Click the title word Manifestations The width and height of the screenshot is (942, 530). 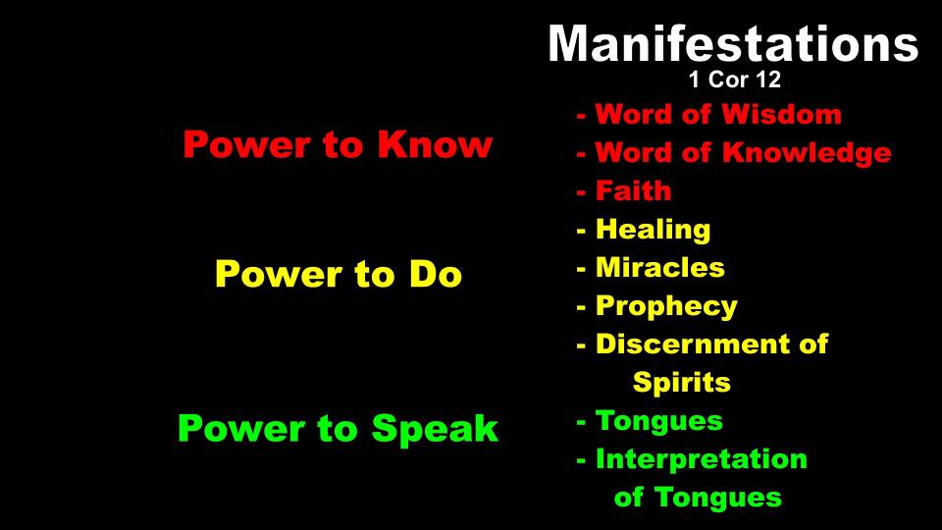[733, 43]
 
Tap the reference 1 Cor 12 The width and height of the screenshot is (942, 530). [734, 79]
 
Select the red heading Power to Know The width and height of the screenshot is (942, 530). [338, 144]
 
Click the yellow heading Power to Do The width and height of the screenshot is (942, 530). [339, 274]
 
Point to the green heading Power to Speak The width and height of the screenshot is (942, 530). [338, 429]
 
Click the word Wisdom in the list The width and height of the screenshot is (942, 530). [781, 114]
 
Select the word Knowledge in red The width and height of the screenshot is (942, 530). [807, 153]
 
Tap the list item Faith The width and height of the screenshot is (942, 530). [633, 191]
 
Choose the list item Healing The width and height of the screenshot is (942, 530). [654, 230]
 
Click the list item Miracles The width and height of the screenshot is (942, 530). [659, 268]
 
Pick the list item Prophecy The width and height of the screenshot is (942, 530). [666, 307]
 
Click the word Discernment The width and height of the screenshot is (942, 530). [691, 344]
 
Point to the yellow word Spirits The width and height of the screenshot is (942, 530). [682, 383]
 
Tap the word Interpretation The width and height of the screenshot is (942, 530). [701, 459]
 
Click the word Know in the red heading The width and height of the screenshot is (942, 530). [435, 144]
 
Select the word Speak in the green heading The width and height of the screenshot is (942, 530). [435, 429]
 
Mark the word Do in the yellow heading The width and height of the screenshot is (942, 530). [436, 274]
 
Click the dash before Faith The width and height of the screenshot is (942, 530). [581, 193]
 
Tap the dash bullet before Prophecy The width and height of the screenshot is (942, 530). [581, 308]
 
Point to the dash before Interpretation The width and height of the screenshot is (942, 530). [581, 461]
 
